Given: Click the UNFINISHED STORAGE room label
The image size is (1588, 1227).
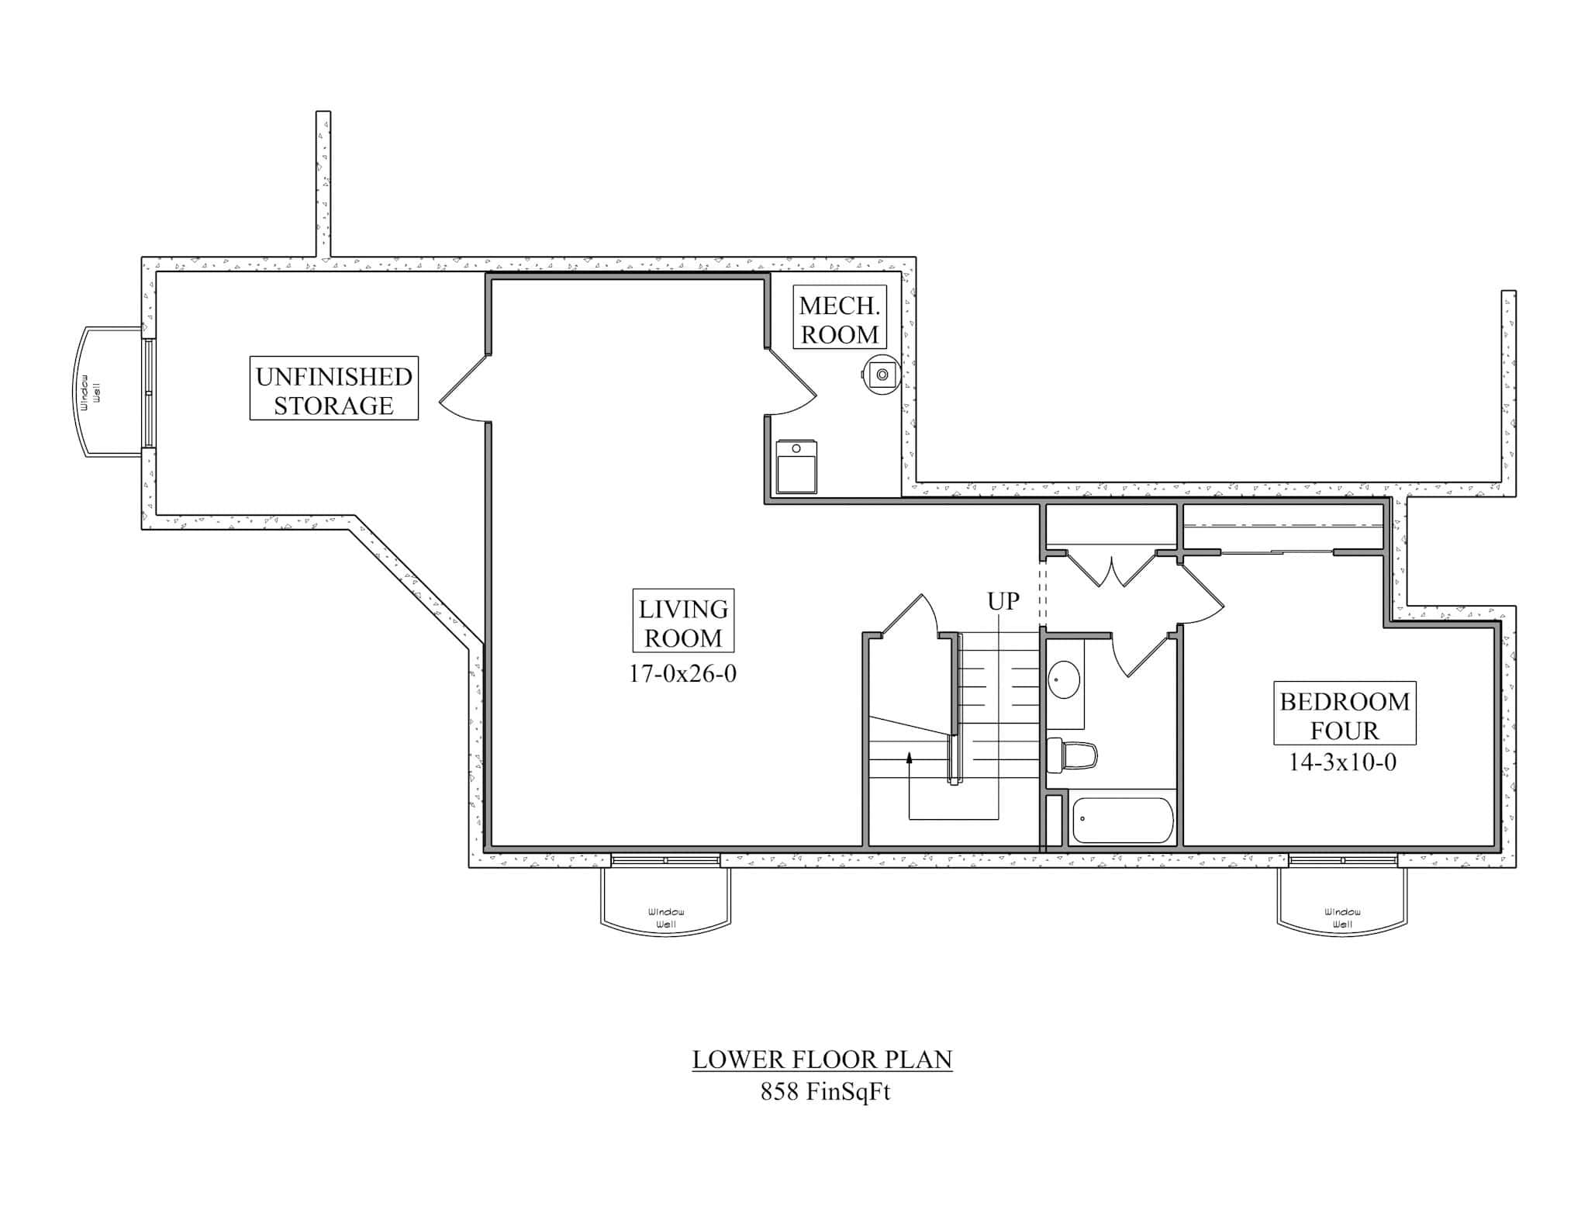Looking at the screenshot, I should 333,389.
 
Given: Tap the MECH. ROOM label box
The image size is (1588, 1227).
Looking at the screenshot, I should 839,317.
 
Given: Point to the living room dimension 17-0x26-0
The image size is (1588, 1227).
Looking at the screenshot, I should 682,673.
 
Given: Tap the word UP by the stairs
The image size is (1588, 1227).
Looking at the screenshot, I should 1003,601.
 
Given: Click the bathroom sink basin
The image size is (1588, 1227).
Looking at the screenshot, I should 1064,679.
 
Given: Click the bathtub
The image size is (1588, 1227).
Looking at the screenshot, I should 1122,820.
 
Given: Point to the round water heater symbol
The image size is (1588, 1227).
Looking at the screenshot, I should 882,375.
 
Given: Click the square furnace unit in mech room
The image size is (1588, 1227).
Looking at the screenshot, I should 796,467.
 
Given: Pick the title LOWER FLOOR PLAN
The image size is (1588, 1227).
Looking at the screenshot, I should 822,1059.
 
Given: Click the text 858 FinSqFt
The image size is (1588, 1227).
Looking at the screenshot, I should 825,1092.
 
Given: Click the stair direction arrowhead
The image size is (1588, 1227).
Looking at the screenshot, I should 909,758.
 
